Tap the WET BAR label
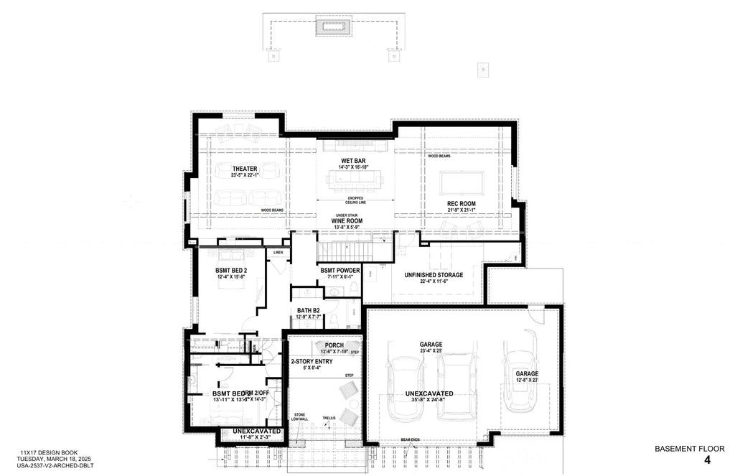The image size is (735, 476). (355, 161)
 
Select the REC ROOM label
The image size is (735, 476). (462, 204)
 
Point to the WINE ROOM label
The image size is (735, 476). (347, 221)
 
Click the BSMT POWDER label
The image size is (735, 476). (340, 270)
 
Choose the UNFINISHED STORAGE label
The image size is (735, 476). (434, 275)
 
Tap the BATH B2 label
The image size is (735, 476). (309, 311)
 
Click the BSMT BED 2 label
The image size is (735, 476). (231, 271)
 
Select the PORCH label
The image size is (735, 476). (334, 345)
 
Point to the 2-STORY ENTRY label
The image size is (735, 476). (312, 361)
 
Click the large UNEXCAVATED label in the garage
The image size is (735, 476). (429, 394)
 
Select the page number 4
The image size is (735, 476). (707, 460)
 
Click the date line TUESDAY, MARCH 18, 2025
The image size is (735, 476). (53, 458)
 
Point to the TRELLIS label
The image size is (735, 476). (329, 417)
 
